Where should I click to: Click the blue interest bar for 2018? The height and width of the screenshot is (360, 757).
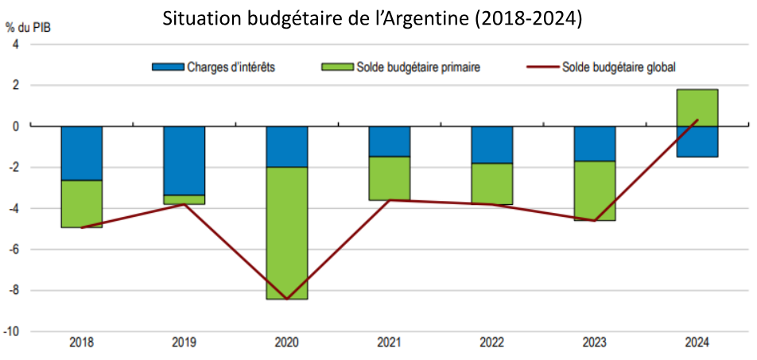[x=81, y=153]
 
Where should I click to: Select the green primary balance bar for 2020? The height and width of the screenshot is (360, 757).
[x=286, y=233]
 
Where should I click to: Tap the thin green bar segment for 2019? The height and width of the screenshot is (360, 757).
[x=184, y=199]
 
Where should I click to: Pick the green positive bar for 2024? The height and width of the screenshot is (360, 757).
[x=697, y=107]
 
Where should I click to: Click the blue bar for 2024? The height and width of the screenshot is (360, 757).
[x=697, y=141]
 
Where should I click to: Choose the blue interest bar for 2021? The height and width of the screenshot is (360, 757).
[x=390, y=141]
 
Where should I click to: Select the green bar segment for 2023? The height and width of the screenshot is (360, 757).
[x=595, y=191]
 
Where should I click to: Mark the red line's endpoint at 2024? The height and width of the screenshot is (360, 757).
[x=697, y=120]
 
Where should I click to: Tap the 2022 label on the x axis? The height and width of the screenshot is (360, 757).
[x=492, y=343]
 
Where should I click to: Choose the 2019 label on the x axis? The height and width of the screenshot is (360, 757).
[x=184, y=343]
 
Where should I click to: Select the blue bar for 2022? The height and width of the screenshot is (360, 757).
[x=492, y=145]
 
